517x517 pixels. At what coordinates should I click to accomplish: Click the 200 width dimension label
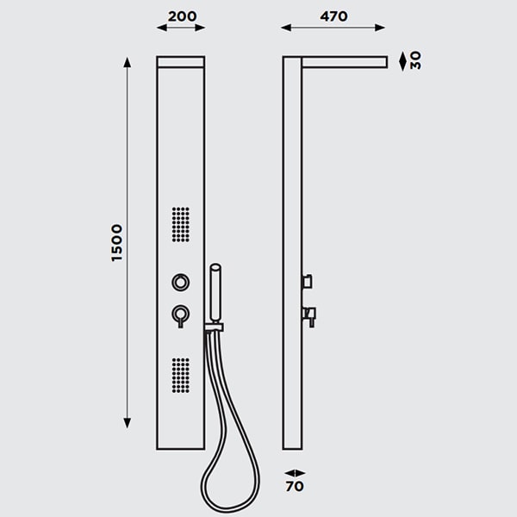click(182, 16)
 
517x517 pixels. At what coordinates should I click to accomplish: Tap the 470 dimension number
click(333, 16)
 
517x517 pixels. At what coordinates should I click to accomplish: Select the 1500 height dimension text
click(116, 243)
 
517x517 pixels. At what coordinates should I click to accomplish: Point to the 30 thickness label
click(415, 60)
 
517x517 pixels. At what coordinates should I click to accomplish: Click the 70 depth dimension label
click(295, 486)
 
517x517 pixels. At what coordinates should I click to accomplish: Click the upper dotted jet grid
click(181, 225)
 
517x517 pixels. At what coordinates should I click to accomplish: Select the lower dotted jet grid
click(181, 376)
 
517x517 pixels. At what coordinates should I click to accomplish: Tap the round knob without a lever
click(181, 283)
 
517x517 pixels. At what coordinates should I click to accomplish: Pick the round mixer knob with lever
click(181, 315)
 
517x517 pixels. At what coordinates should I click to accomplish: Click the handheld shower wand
click(215, 293)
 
